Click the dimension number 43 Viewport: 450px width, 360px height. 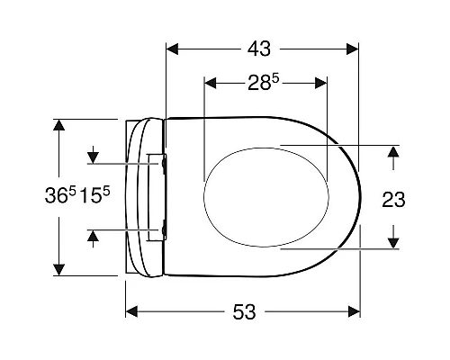(259, 49)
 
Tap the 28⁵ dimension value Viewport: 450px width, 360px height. (264, 83)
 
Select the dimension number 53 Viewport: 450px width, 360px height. (244, 311)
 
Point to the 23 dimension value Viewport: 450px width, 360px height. (393, 200)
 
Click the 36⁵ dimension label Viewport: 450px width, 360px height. (60, 194)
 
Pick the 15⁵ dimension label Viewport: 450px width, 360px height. (95, 194)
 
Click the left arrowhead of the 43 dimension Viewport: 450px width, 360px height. (172, 49)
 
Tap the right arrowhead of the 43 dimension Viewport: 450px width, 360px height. (353, 49)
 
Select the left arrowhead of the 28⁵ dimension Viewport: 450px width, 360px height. (210, 83)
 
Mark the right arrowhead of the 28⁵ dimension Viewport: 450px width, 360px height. (321, 83)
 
